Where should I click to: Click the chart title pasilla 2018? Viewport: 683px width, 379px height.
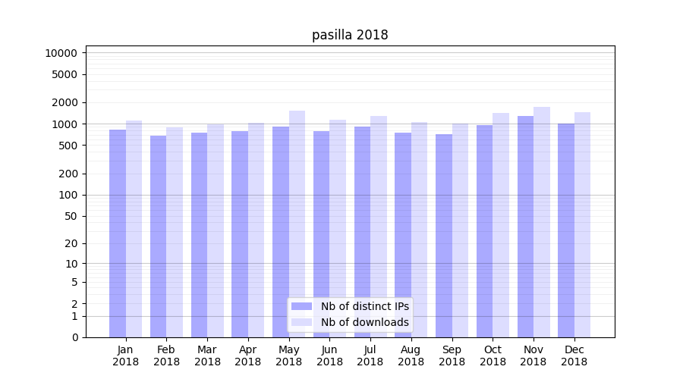click(350, 35)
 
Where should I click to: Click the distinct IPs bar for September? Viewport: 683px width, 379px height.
click(444, 236)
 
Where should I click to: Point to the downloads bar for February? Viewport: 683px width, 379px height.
click(175, 232)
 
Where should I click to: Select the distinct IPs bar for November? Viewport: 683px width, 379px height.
click(525, 227)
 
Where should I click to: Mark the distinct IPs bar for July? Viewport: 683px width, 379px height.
click(362, 232)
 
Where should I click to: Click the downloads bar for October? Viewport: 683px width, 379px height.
click(501, 225)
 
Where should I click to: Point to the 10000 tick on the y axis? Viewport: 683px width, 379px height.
click(61, 53)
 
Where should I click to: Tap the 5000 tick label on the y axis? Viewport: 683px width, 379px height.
click(64, 74)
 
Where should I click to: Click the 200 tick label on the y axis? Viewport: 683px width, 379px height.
click(67, 174)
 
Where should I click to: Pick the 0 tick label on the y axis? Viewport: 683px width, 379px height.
click(74, 337)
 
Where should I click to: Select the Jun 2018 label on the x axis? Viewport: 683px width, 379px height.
click(329, 356)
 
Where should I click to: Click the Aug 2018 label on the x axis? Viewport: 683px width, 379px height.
click(411, 356)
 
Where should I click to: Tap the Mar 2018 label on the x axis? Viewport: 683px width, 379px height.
click(207, 356)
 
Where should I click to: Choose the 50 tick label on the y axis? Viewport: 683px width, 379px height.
click(70, 216)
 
